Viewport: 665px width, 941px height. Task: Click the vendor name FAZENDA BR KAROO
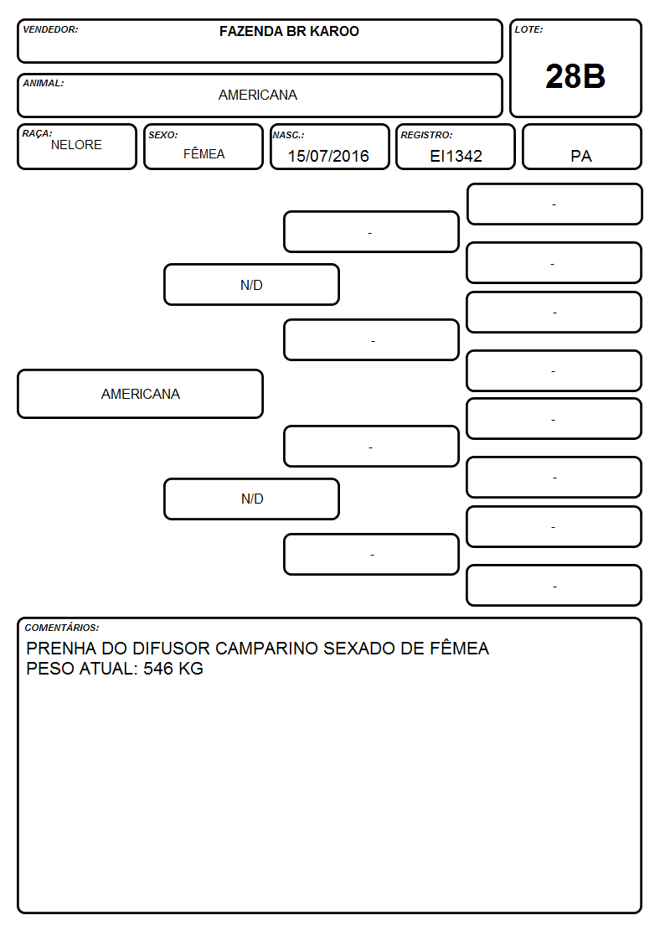289,31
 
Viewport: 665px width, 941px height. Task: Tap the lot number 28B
575,76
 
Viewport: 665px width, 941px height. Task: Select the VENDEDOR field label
50,29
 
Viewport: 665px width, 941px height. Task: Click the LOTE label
528,29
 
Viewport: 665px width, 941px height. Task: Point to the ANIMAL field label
44,84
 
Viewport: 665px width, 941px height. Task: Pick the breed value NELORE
76,145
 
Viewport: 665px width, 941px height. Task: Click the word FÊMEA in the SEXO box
204,153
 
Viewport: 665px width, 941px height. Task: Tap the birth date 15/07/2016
328,156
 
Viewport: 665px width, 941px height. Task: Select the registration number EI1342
456,156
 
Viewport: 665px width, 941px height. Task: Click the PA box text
581,156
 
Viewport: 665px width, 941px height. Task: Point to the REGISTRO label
426,135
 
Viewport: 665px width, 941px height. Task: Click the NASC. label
288,135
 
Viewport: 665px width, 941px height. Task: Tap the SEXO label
163,135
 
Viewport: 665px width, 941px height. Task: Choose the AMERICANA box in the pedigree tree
141,394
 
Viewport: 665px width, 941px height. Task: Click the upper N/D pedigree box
251,284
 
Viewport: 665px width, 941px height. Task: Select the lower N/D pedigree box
251,499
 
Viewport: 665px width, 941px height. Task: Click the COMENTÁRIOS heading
62,628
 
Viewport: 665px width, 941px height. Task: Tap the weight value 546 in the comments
157,669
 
